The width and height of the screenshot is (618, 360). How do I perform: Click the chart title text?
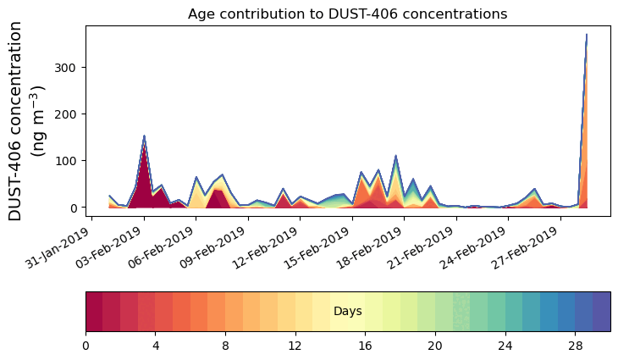pyautogui.click(x=347, y=14)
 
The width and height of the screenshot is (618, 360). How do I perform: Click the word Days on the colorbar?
pyautogui.click(x=348, y=312)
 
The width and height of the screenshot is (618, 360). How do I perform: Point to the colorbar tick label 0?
pyautogui.click(x=86, y=346)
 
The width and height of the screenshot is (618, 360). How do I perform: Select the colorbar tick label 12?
pyautogui.click(x=295, y=346)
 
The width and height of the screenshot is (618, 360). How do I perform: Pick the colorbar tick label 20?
pyautogui.click(x=435, y=346)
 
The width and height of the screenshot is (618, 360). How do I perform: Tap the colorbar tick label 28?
pyautogui.click(x=575, y=346)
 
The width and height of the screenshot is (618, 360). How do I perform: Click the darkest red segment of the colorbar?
pyautogui.click(x=94, y=311)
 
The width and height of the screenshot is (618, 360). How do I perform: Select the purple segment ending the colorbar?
pyautogui.click(x=601, y=311)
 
